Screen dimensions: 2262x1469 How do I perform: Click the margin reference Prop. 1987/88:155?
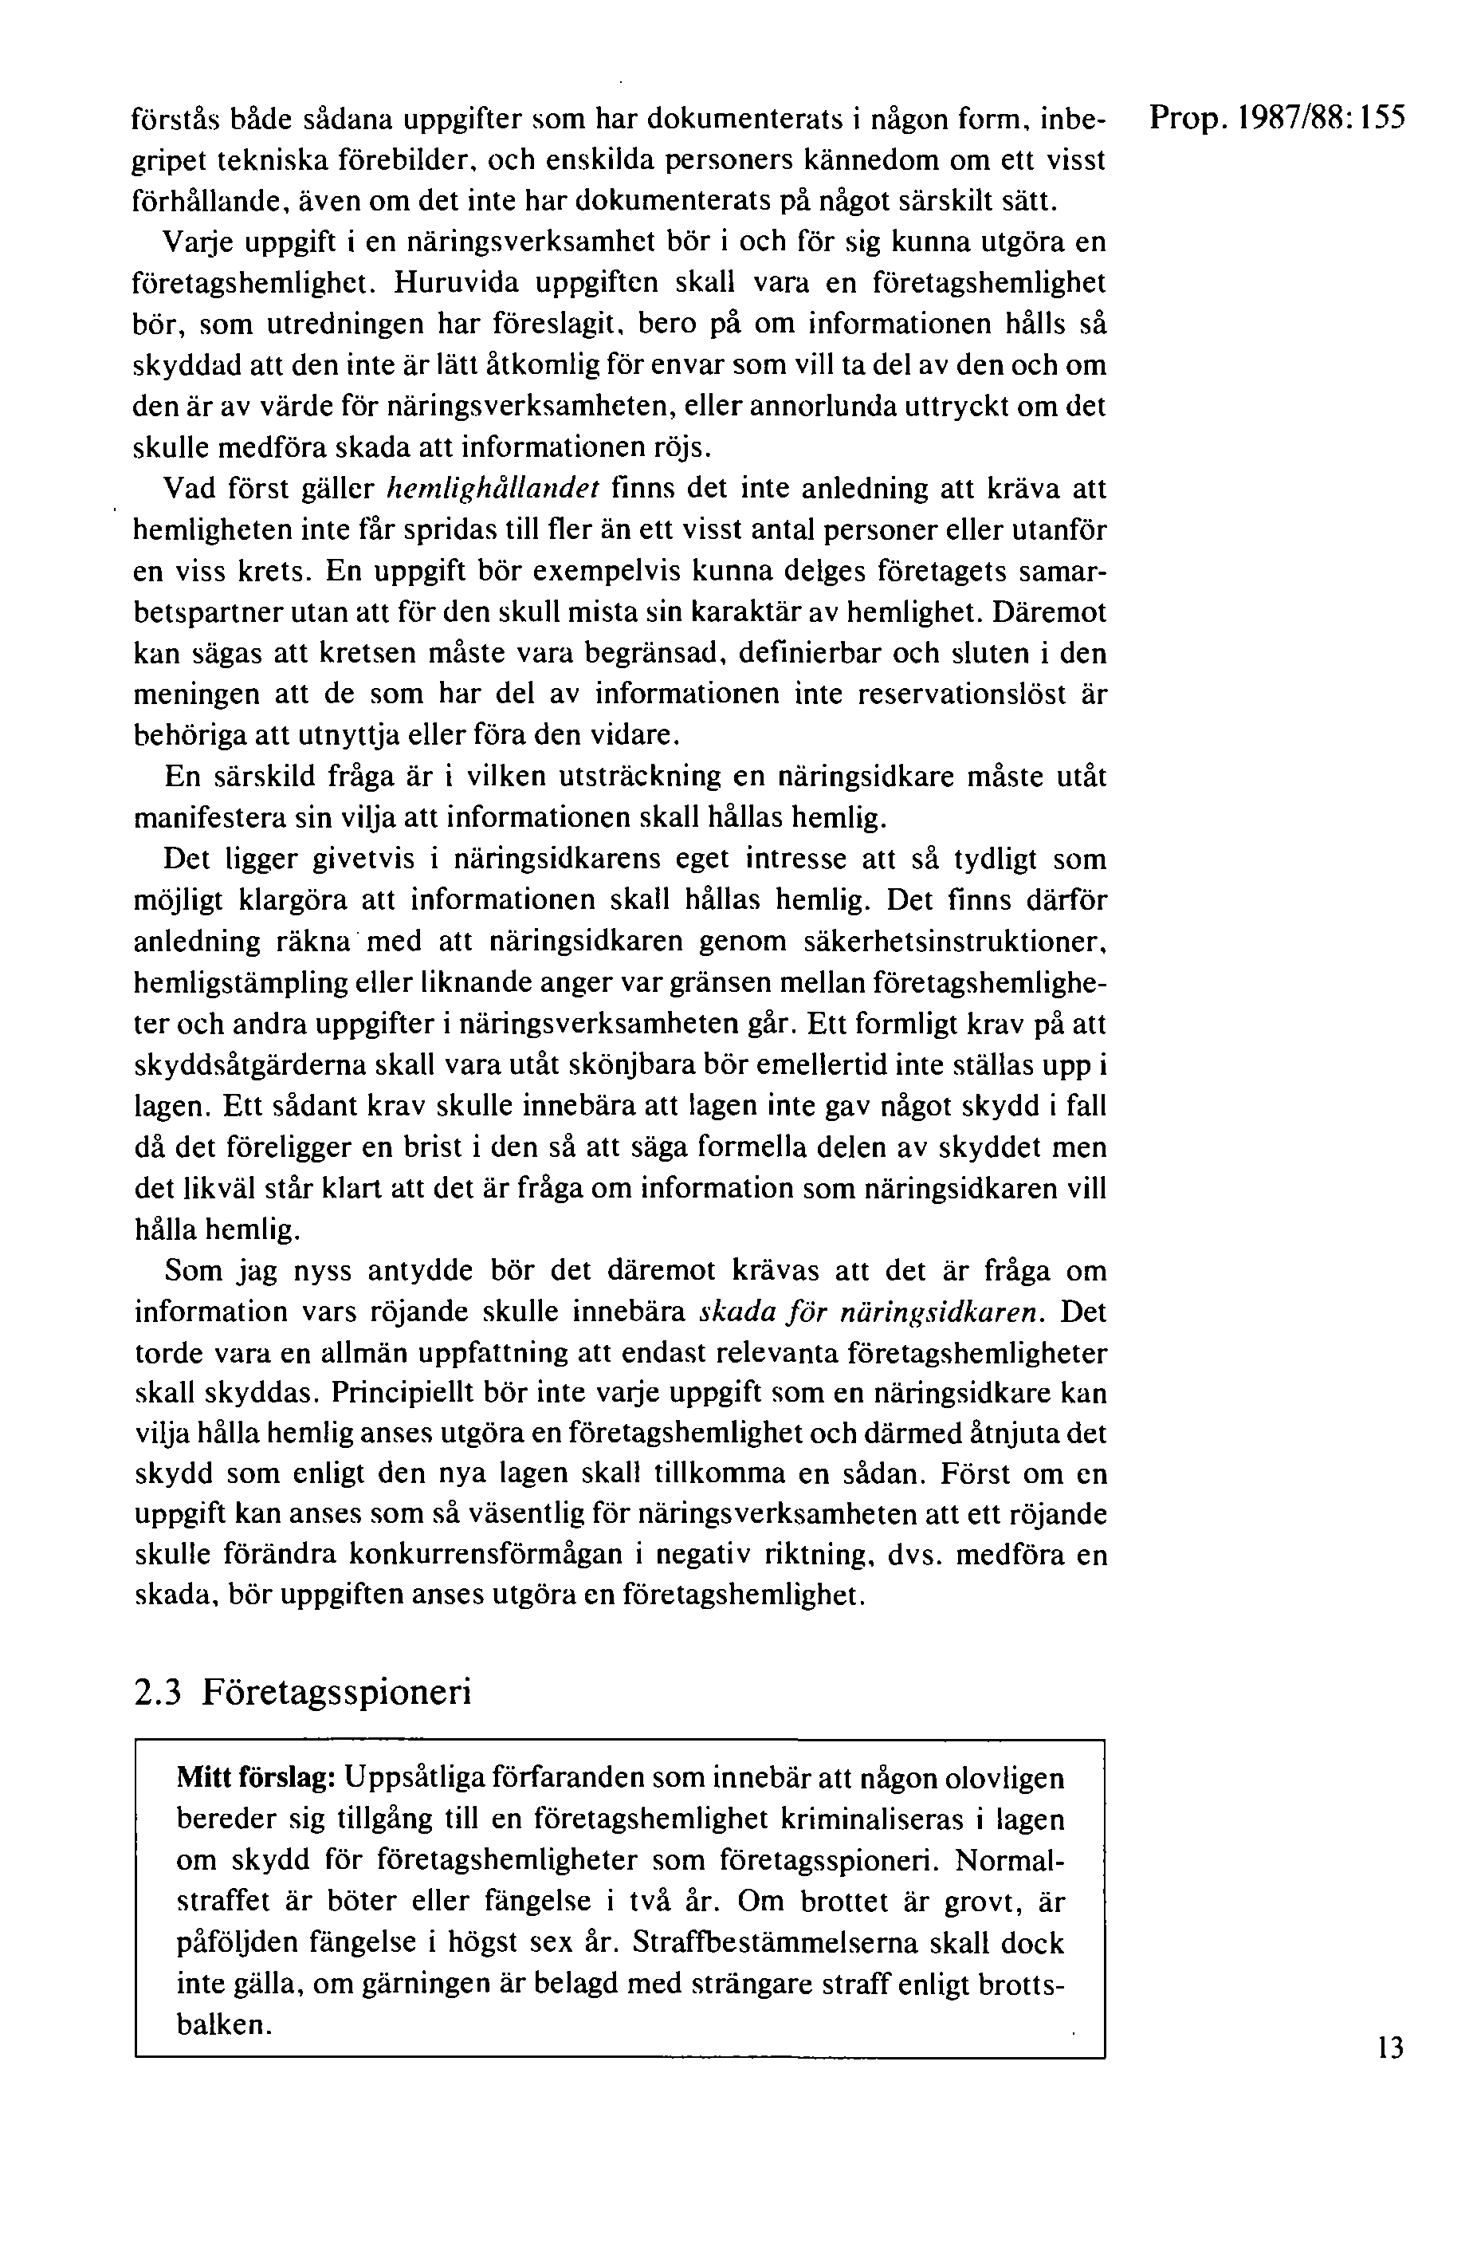[1275, 120]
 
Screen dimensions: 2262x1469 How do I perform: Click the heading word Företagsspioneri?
[336, 1692]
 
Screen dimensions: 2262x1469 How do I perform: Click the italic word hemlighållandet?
[493, 489]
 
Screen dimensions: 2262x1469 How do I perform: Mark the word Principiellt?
[404, 1393]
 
